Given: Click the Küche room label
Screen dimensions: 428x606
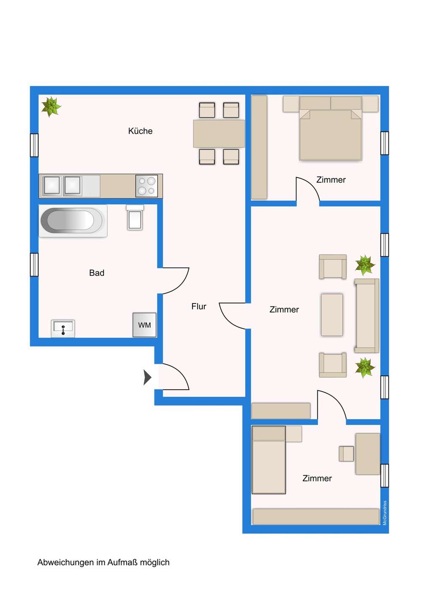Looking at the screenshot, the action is click(x=140, y=131).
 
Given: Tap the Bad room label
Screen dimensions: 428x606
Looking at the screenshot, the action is click(x=97, y=273).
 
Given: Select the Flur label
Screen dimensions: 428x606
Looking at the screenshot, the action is click(x=198, y=306).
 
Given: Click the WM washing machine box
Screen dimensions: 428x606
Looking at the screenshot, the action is click(x=144, y=325).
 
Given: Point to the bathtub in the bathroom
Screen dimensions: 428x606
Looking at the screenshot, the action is click(x=73, y=221).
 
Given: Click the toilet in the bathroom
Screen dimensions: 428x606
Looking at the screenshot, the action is click(x=135, y=218).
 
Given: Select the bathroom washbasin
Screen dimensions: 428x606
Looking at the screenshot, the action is click(x=63, y=329).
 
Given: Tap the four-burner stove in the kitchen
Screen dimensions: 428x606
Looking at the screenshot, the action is click(x=147, y=186).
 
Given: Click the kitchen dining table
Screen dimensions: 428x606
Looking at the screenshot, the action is click(x=219, y=134).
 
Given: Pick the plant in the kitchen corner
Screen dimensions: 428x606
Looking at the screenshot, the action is click(x=51, y=106).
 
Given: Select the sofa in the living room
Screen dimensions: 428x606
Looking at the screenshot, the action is click(x=367, y=316).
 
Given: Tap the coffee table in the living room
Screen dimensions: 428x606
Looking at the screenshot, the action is click(x=332, y=315).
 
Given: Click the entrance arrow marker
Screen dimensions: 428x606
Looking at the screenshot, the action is click(x=147, y=377).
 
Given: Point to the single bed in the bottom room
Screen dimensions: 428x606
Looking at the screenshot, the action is click(x=269, y=460).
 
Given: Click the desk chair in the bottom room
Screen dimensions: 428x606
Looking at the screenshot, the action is click(x=346, y=454).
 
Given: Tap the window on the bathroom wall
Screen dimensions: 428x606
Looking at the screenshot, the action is click(x=34, y=265).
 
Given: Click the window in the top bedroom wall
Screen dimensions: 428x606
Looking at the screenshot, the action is click(x=385, y=143).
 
